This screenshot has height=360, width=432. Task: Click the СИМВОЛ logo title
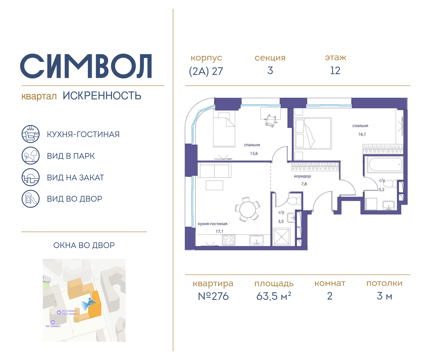86,66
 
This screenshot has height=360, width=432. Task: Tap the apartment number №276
213,296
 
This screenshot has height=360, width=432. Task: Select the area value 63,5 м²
274,296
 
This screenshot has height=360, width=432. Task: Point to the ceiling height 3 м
384,296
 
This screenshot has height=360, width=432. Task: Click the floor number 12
335,71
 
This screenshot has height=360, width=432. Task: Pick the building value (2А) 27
206,71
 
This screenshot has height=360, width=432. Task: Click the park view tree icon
30,156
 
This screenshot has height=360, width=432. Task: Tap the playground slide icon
30,199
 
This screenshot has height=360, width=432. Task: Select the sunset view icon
30,177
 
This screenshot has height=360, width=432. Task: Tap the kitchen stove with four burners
229,240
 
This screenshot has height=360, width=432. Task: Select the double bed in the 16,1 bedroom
312,133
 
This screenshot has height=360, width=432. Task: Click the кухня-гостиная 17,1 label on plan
212,227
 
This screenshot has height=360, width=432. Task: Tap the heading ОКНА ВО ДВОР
84,246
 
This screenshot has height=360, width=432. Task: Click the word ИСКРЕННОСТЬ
102,96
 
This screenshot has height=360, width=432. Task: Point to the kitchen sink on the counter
256,240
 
